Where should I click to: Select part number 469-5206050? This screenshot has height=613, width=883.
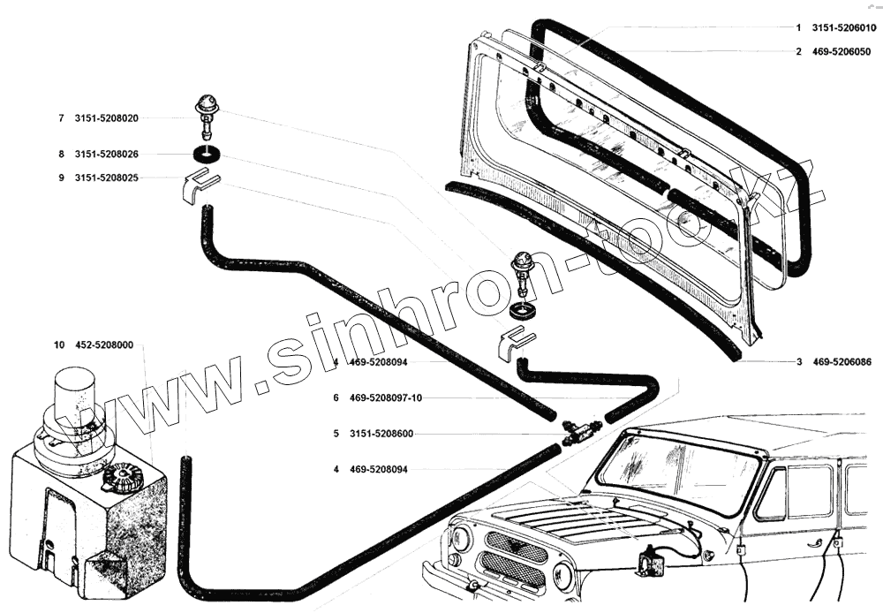[x=843, y=51]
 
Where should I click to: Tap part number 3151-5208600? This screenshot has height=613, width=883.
[x=381, y=434]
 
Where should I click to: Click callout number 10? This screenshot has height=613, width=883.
[x=58, y=345]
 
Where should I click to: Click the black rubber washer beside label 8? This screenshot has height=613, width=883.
[x=209, y=155]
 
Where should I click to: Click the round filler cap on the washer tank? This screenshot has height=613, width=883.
[x=121, y=479]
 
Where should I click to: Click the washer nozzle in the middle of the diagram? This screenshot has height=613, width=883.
[x=525, y=269]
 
